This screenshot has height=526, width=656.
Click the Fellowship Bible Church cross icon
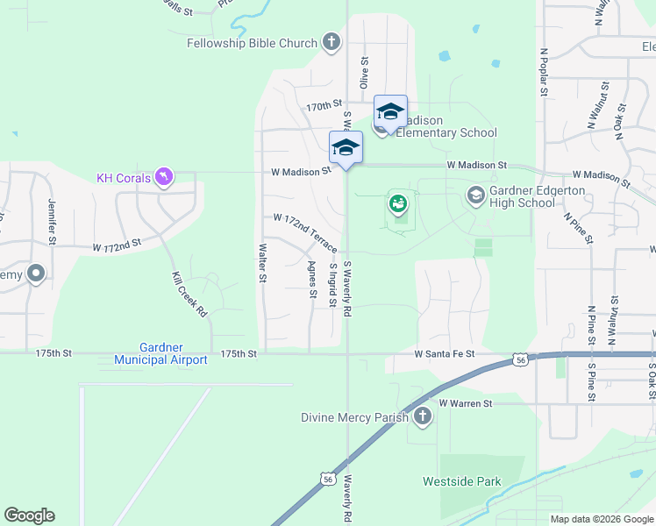point(331,41)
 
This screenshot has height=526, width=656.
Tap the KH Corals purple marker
point(163,178)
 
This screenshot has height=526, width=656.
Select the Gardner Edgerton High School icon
point(476,195)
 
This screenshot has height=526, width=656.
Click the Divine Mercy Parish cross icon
point(423,416)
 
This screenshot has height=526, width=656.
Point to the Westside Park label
point(461,481)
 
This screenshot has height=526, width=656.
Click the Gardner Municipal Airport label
point(160,354)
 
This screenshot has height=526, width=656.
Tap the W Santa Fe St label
point(445,354)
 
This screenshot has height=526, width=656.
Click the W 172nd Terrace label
point(305,230)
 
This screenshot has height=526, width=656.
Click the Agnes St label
point(312,280)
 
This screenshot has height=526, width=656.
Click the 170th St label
point(323,106)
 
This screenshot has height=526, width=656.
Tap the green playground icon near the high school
point(398,203)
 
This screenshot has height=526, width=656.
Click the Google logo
point(29,515)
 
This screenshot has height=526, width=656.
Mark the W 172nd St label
point(118,248)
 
